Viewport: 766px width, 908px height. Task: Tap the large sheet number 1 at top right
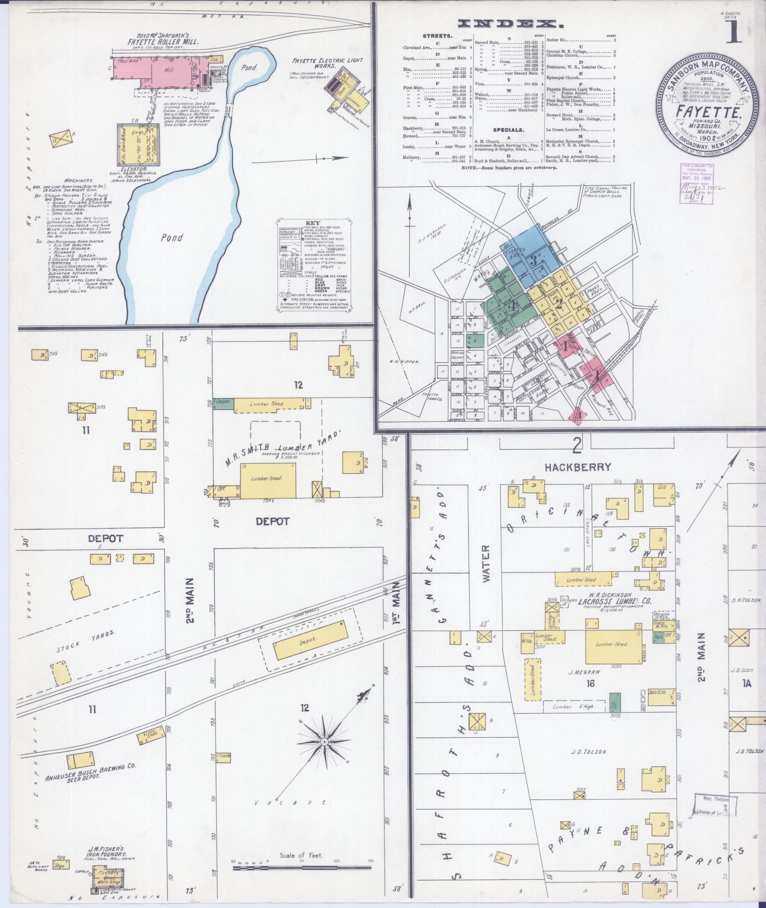(x=734, y=32)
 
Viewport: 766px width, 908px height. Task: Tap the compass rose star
(x=325, y=755)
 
